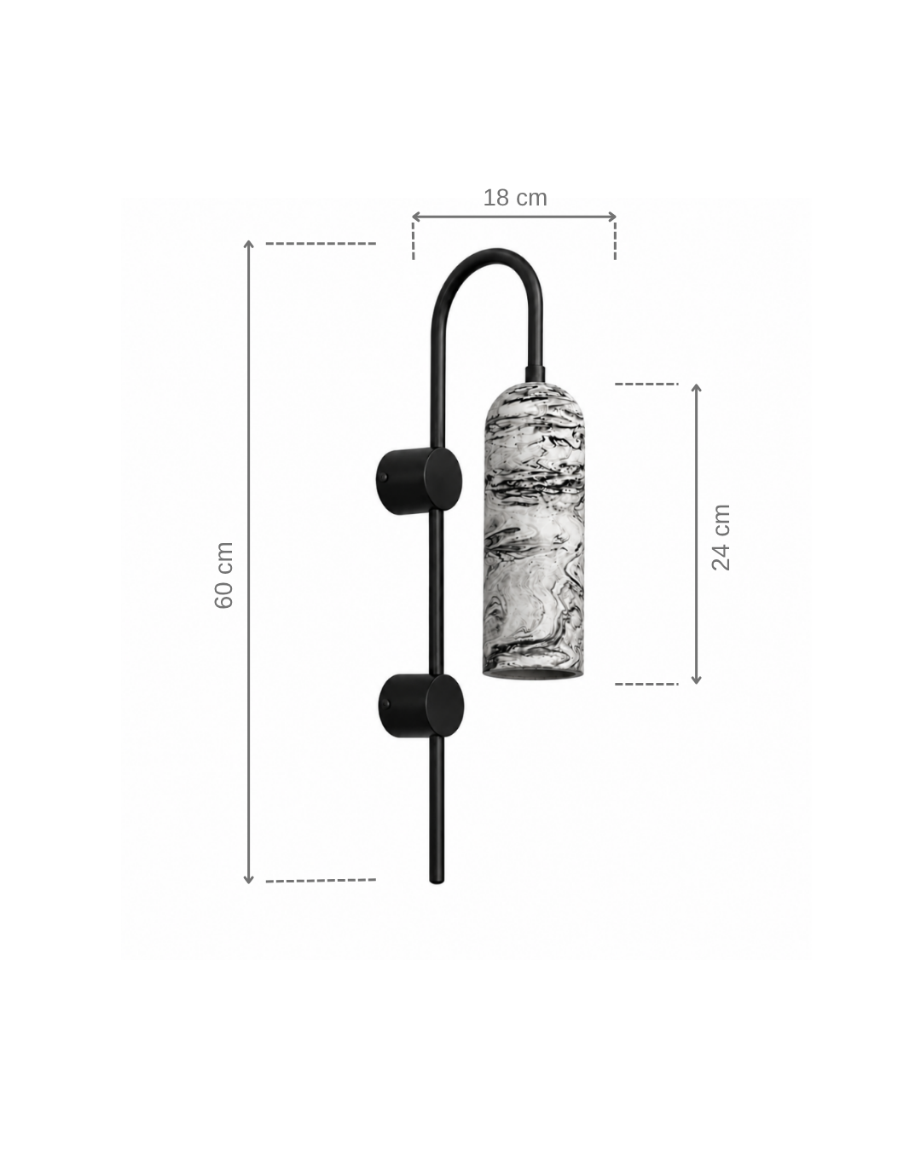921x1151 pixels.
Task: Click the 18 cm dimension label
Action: coord(515,198)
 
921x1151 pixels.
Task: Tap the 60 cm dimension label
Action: coord(224,575)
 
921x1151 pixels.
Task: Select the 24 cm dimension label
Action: coord(721,537)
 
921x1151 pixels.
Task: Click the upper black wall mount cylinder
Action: coord(419,481)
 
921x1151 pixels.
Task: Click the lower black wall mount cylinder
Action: coord(421,706)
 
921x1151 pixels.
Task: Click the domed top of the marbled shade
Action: coord(534,398)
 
